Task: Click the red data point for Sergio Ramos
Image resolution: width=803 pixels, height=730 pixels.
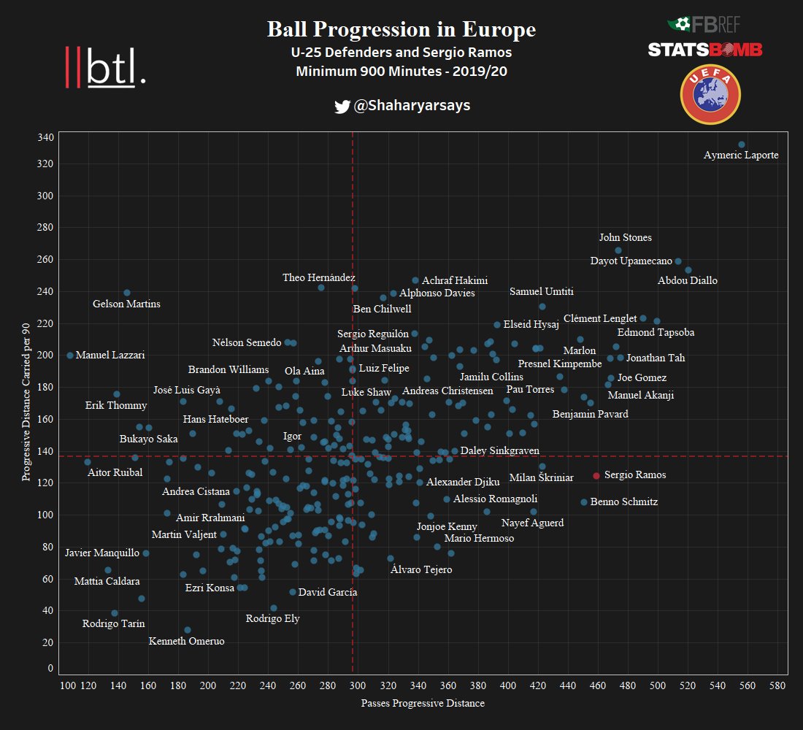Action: [x=596, y=476]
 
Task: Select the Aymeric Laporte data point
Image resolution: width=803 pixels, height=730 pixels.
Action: [x=741, y=145]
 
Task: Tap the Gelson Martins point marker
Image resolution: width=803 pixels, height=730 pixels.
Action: [x=127, y=293]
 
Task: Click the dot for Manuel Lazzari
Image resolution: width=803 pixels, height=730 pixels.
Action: [x=70, y=356]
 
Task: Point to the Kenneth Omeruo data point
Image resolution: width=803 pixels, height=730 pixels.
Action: [x=188, y=630]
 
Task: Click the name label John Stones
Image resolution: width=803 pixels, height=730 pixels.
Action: [x=625, y=237]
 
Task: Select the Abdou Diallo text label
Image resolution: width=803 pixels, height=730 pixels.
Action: [x=687, y=280]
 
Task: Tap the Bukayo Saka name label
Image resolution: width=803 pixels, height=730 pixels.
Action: [x=148, y=439]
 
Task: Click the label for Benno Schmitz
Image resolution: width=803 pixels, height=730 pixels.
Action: [x=623, y=502]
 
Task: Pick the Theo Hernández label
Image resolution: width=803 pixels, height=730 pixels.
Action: [x=319, y=277]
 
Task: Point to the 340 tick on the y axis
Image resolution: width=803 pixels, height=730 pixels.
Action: [x=45, y=138]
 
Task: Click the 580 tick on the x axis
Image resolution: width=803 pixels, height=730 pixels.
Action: [x=777, y=687]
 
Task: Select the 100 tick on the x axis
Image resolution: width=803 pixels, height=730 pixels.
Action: [x=68, y=687]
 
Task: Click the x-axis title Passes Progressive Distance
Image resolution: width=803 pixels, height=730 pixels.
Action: [x=423, y=704]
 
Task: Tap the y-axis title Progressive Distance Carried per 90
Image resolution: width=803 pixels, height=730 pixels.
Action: [x=27, y=404]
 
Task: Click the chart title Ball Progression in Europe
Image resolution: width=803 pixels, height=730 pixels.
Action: [x=401, y=29]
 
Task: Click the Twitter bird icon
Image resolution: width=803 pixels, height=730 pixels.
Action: [x=342, y=107]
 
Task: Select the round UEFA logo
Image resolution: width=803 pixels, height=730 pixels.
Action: [x=710, y=95]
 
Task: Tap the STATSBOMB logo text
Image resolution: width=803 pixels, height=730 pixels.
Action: [x=704, y=49]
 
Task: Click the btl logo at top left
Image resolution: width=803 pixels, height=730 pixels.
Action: [x=106, y=67]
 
